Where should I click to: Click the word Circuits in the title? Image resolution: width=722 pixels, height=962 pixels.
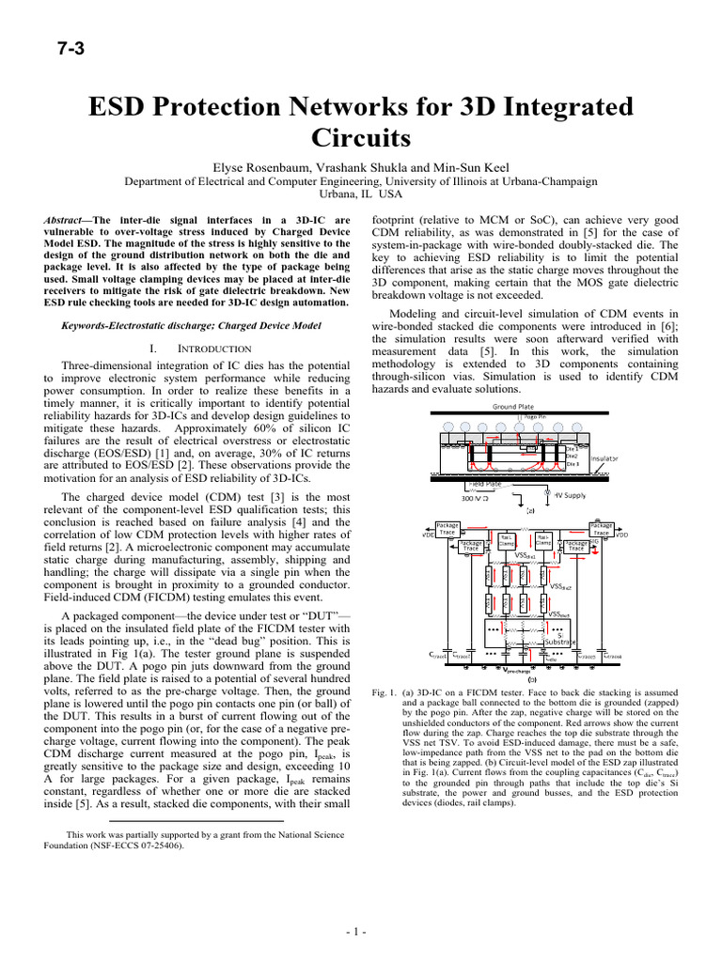pyautogui.click(x=361, y=139)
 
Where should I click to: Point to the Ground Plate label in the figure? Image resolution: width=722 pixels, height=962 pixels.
pyautogui.click(x=512, y=407)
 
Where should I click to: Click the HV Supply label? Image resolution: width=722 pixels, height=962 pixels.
pyautogui.click(x=570, y=495)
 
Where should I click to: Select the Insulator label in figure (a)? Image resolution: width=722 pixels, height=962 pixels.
pyautogui.click(x=604, y=459)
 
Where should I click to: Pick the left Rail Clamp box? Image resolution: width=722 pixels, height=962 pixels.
pyautogui.click(x=506, y=540)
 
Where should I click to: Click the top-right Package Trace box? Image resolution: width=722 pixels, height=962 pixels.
pyautogui.click(x=602, y=529)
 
